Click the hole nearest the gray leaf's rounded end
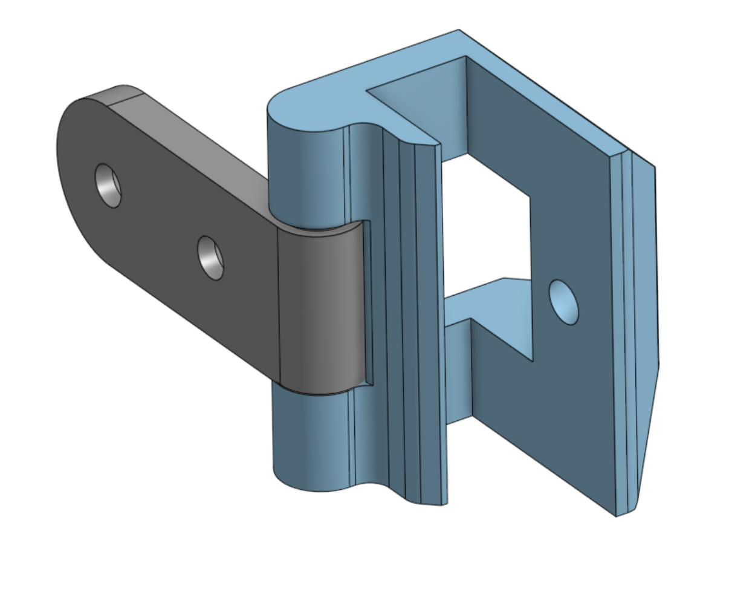point(108,184)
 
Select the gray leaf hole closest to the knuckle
point(210,258)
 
